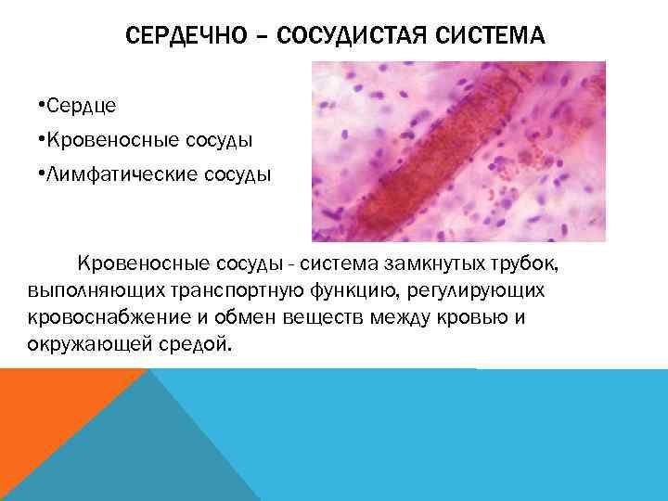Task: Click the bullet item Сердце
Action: click(80, 106)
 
